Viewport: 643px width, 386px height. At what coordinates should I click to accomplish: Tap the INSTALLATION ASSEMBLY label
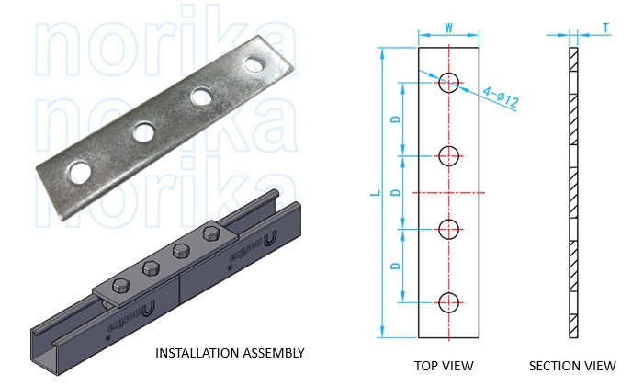pos(230,353)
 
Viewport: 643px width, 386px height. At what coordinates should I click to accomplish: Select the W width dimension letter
pos(449,28)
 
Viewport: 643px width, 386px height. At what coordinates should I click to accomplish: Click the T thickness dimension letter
pos(606,28)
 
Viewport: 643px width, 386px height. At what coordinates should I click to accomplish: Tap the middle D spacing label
pos(396,192)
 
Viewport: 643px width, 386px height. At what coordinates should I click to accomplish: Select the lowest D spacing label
pos(396,265)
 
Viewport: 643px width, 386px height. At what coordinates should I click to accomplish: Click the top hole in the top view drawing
pos(449,82)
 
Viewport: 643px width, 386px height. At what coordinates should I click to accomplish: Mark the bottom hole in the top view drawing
pos(449,301)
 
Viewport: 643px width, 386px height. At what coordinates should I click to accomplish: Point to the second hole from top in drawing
pos(449,155)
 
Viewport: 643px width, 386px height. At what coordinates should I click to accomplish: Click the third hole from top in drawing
pos(449,228)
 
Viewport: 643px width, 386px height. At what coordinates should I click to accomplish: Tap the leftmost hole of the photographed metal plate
pos(80,171)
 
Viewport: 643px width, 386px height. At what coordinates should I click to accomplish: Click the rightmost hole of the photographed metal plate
pos(256,63)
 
